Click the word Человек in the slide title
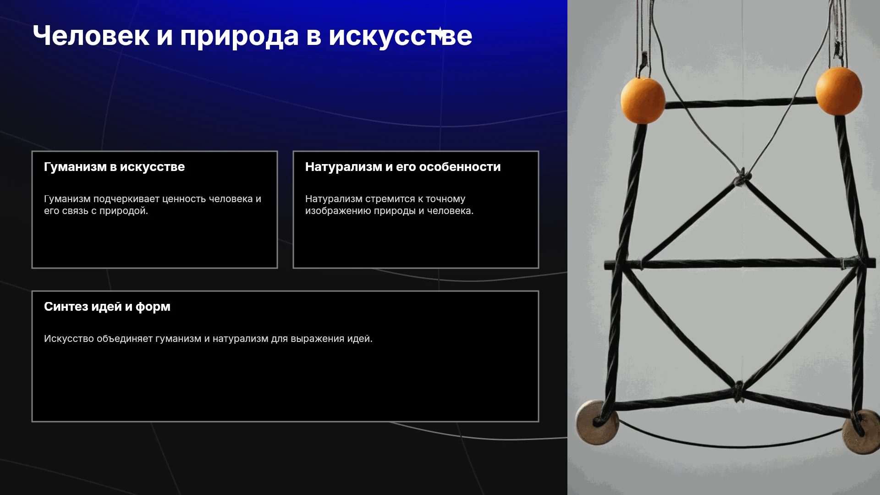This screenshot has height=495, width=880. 91,36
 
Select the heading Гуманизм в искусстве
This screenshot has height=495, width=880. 114,167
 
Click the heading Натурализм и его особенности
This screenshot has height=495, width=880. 403,167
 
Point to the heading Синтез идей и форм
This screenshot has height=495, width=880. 107,307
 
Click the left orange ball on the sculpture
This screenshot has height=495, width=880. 643,100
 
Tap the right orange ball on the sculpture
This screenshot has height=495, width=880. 839,91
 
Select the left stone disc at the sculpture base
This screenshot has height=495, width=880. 597,422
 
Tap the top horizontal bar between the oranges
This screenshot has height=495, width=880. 740,103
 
